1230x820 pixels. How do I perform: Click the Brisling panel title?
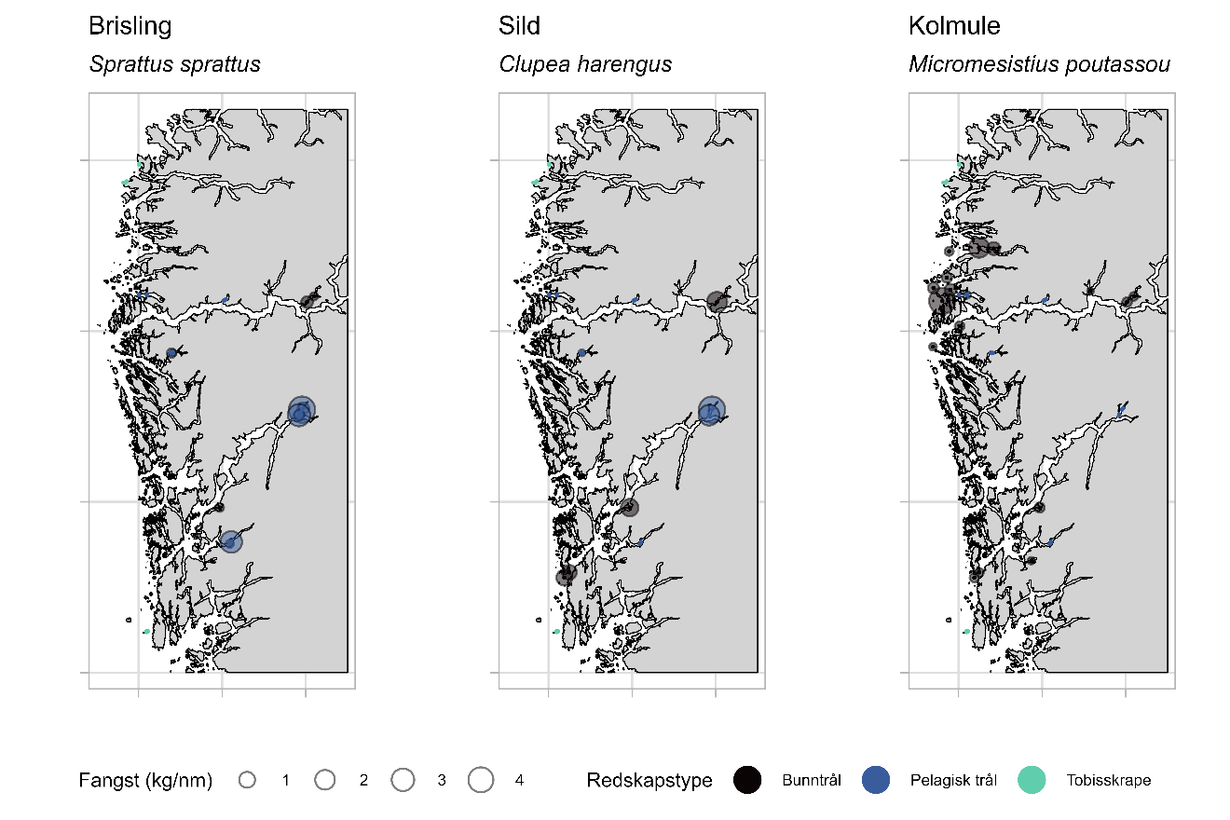point(130,26)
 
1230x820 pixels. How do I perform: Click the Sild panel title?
point(519,26)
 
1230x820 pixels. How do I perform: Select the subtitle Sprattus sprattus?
point(174,64)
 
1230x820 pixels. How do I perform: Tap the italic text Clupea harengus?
point(585,64)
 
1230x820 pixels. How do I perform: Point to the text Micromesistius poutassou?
point(1039,64)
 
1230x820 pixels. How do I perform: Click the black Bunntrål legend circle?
point(747,781)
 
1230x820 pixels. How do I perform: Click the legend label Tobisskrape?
point(1108,781)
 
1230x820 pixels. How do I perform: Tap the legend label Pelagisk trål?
point(953,781)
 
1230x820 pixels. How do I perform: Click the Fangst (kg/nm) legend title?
point(145,781)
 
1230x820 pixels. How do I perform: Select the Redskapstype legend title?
point(649,781)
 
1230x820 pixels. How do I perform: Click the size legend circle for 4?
point(481,781)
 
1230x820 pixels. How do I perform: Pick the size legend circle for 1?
point(247,781)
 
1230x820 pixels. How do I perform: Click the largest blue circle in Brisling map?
point(300,410)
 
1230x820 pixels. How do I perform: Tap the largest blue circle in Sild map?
point(711,410)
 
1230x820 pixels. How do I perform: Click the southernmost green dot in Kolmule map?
point(967,631)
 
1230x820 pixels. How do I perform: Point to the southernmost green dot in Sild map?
point(557,631)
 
